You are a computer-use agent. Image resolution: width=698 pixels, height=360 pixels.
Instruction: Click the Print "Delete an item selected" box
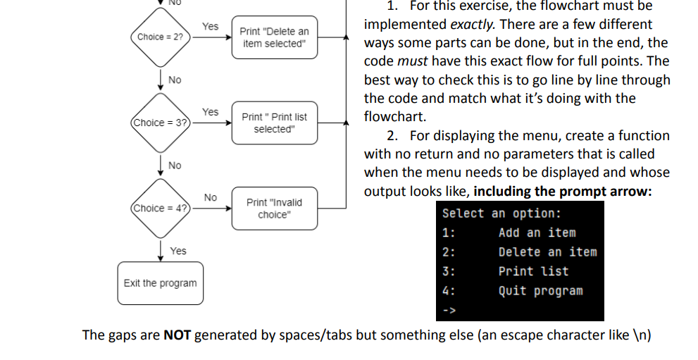point(274,37)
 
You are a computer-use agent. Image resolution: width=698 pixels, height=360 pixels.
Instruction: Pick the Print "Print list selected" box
point(274,123)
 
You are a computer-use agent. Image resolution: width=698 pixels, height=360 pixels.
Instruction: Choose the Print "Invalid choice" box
point(274,208)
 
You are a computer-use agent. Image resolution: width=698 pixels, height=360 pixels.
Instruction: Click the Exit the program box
point(160,283)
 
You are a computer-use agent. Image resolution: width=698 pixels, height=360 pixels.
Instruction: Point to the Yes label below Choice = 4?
point(178,251)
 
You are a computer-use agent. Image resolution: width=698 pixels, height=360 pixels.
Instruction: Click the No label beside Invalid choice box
point(210,197)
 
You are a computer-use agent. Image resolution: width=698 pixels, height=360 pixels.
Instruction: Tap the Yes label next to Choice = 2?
point(210,26)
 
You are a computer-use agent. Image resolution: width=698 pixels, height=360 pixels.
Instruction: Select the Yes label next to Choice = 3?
point(210,112)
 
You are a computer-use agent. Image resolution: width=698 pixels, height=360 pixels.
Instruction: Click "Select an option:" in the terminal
point(501,213)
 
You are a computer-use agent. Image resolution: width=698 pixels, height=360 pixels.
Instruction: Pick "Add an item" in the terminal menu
point(537,232)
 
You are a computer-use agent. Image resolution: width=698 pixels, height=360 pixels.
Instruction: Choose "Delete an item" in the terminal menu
point(547,252)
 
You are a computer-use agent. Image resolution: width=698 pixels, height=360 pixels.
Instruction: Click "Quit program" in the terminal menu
point(540,290)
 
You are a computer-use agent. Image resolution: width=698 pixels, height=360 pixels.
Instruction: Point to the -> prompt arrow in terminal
point(449,309)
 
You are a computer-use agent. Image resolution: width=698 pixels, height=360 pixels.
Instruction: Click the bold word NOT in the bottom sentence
point(177,335)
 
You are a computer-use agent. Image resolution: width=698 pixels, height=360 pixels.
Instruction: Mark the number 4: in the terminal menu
point(448,290)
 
